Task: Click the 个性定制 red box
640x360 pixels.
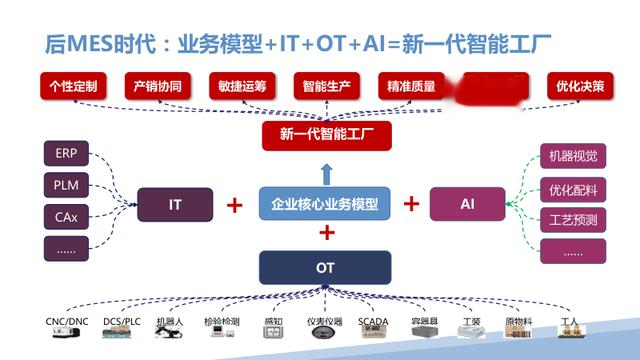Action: [73, 86]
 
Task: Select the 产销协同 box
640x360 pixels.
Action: [157, 86]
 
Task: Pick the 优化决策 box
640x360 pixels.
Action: [580, 86]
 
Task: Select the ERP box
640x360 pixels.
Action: [66, 154]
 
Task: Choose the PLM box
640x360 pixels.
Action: [66, 185]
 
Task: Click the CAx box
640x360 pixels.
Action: [66, 216]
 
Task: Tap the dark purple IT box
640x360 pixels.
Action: [175, 204]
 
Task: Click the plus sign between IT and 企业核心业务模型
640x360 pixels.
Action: [234, 205]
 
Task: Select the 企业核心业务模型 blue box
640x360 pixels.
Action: [325, 204]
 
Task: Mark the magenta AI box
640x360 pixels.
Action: [467, 204]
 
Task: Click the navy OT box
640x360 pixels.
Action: [325, 268]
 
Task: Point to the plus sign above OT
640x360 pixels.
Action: [326, 234]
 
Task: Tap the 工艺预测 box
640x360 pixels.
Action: [572, 219]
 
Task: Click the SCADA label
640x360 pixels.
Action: [371, 322]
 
